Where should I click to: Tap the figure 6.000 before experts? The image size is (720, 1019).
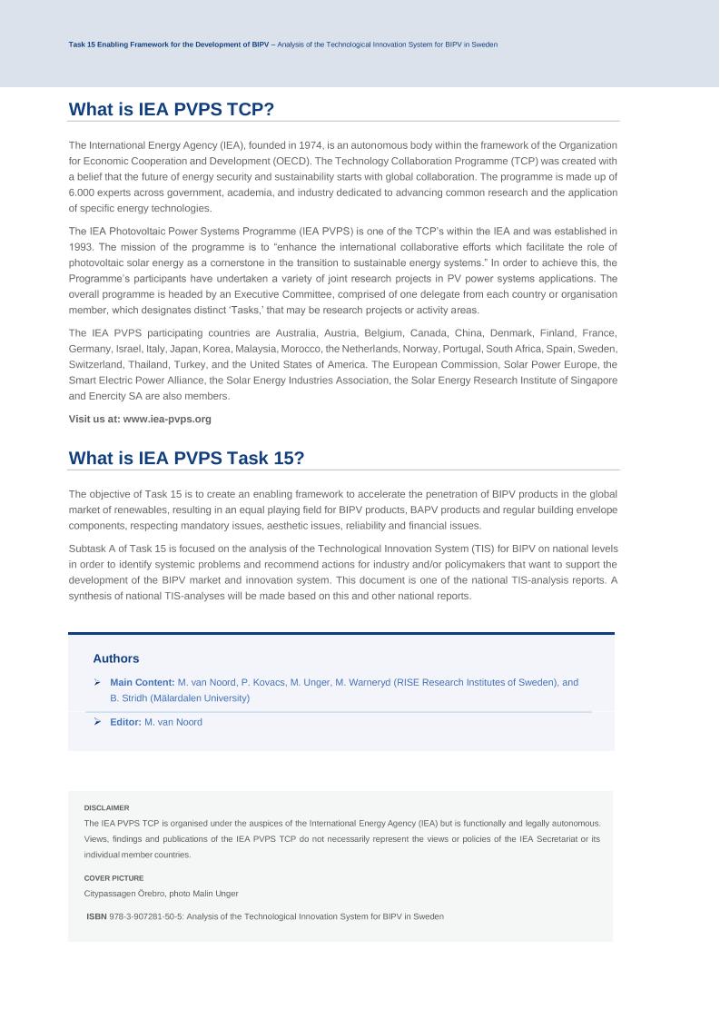(84, 193)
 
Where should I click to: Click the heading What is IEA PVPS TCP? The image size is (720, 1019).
(172, 110)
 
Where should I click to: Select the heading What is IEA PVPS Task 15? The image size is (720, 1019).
(186, 459)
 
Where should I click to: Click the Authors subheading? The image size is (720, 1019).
(115, 658)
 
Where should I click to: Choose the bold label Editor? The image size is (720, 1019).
(125, 722)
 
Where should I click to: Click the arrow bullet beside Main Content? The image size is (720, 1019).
(97, 682)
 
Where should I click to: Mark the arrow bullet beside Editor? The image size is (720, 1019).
(97, 722)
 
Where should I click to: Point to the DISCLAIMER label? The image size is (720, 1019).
(106, 807)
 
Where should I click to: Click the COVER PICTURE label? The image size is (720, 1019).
(113, 878)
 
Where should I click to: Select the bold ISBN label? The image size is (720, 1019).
(96, 917)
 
